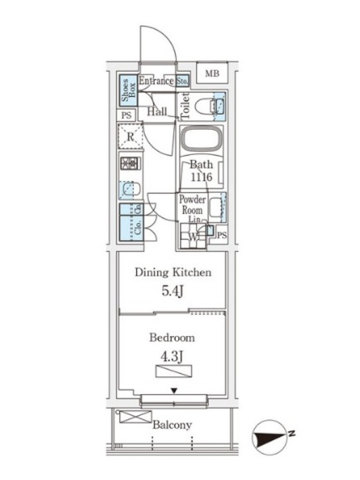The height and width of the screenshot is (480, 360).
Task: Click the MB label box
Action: [212, 73]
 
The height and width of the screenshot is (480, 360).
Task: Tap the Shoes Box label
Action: [128, 91]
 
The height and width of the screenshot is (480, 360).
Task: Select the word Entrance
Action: [156, 81]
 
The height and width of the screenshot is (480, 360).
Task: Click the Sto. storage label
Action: [182, 81]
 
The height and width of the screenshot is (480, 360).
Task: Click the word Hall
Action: [157, 112]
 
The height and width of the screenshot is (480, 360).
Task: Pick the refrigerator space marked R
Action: [130, 136]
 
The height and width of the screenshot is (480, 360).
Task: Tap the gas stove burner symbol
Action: [131, 163]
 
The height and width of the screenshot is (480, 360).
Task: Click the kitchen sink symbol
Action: [130, 190]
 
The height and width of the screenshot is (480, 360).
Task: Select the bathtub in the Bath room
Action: [201, 139]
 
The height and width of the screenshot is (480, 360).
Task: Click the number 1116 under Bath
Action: [202, 176]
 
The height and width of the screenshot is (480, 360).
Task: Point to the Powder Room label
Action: [192, 205]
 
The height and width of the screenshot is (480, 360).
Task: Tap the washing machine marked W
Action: [193, 236]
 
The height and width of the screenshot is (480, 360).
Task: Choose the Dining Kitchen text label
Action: [173, 272]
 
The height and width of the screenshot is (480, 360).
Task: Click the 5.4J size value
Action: [173, 292]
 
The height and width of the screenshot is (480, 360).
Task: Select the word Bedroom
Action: [172, 338]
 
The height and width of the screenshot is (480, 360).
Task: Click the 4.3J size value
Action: [172, 356]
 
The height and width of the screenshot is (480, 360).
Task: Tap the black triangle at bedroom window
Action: [174, 391]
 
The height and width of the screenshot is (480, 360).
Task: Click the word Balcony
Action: [172, 425]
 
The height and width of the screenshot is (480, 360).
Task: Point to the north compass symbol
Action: [269, 437]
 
